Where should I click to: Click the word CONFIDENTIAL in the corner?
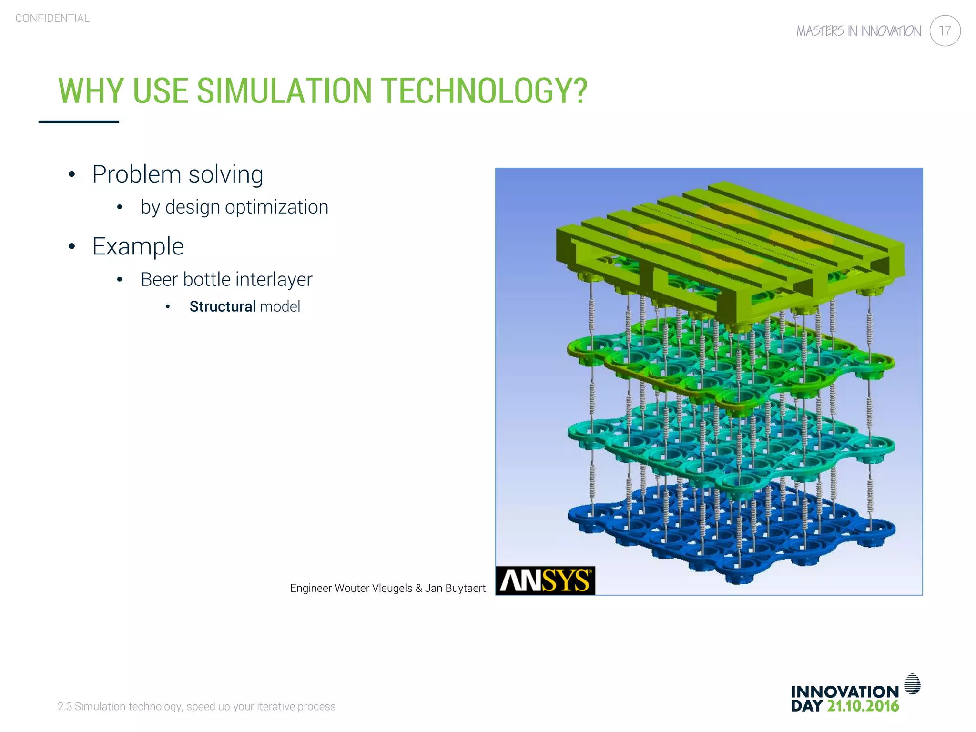coord(52,18)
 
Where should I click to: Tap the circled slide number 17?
coord(945,31)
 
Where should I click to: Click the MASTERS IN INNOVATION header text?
coord(858,31)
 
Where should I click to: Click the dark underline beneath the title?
coord(79,122)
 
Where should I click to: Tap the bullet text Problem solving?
coord(177,174)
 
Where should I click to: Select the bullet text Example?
coord(138,246)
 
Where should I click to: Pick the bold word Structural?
coord(223,306)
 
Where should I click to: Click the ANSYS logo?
coord(545,580)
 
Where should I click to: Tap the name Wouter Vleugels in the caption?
coord(374,588)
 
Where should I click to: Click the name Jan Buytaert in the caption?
coord(455,588)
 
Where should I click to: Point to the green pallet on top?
coord(729,243)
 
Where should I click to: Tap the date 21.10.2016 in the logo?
coord(863,706)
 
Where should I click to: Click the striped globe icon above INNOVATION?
coord(912,684)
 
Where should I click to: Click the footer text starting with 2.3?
coord(196,706)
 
